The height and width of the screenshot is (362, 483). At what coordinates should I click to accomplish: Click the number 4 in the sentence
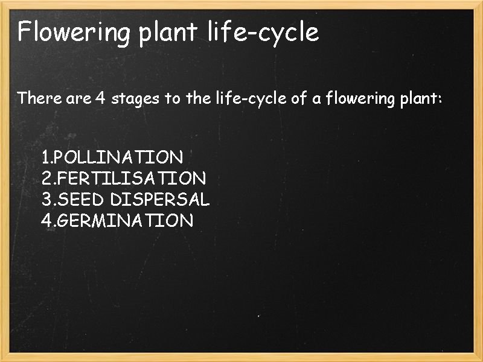(x=100, y=98)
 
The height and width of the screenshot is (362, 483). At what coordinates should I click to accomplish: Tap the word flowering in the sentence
(x=360, y=98)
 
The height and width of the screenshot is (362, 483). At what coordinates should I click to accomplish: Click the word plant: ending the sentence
(x=421, y=98)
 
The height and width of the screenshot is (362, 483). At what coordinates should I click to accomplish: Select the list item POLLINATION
(x=118, y=158)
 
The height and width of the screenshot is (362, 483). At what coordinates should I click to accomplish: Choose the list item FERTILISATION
(x=130, y=179)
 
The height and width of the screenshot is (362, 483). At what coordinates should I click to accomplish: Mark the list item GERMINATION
(x=124, y=220)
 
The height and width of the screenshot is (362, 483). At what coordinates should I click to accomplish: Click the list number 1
(x=45, y=158)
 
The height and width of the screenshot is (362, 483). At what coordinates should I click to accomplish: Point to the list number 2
(x=46, y=179)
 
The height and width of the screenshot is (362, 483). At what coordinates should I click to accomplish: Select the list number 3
(x=46, y=199)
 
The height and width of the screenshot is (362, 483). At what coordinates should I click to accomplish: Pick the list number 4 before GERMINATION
(x=46, y=220)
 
